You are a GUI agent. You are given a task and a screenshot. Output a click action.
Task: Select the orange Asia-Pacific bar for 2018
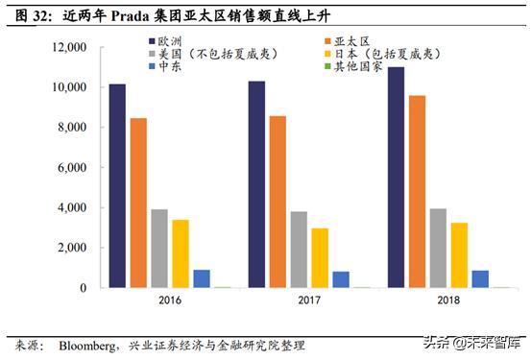pyautogui.click(x=418, y=191)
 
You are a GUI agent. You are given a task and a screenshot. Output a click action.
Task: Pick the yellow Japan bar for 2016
pyautogui.click(x=180, y=253)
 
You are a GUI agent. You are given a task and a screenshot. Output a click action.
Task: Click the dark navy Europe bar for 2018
pyautogui.click(x=397, y=177)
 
